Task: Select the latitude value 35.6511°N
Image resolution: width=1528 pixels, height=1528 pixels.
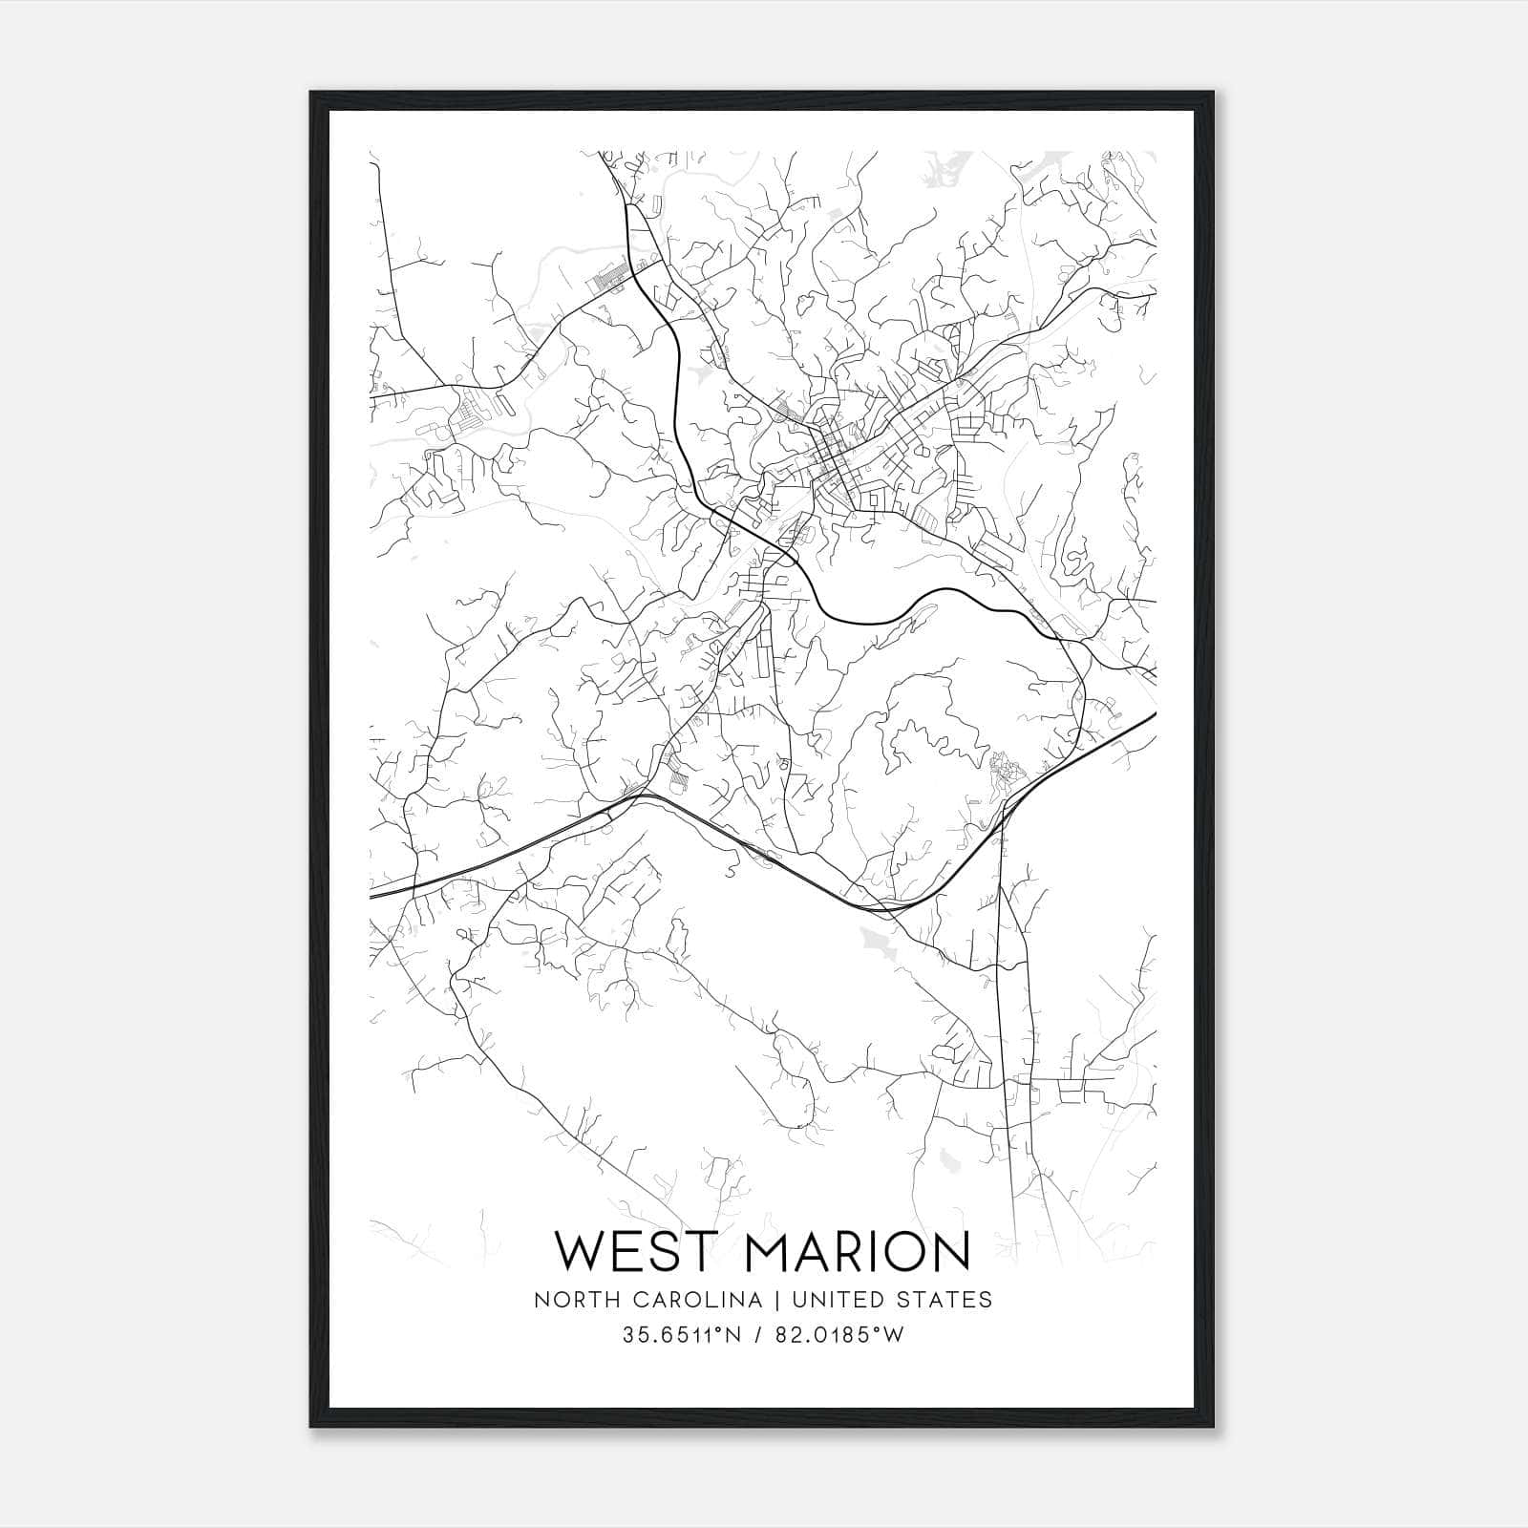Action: (682, 1335)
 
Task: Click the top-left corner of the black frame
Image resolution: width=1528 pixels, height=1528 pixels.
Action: (311, 93)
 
